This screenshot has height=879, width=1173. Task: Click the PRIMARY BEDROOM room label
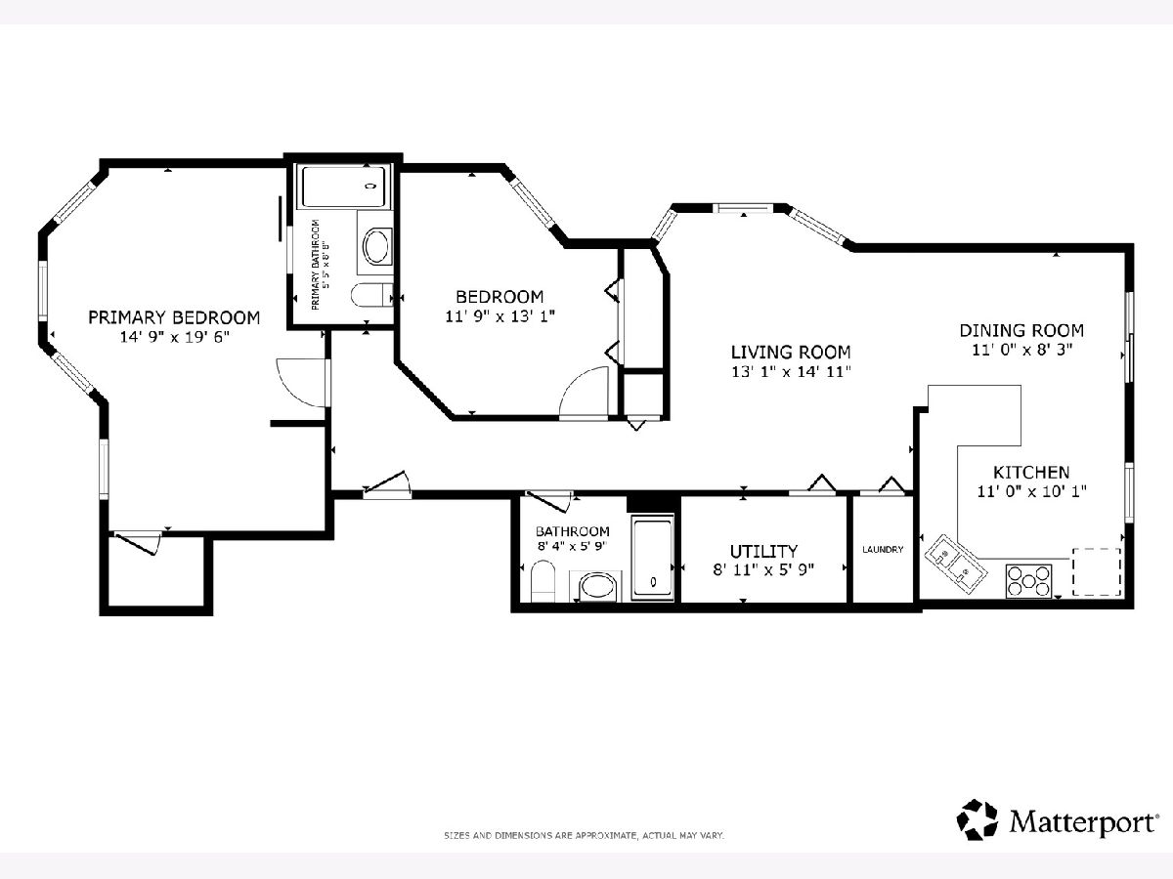tap(174, 317)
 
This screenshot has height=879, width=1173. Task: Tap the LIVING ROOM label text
tap(791, 353)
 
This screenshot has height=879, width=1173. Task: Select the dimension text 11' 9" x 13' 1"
tap(500, 316)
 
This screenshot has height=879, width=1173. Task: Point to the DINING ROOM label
tap(1021, 330)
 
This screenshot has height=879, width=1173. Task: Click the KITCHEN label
tap(1031, 473)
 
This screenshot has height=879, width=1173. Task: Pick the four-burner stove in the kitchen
tap(1028, 581)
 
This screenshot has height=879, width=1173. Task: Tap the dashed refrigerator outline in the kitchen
tap(1097, 571)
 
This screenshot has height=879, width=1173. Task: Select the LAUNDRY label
tap(883, 549)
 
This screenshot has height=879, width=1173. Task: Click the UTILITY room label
tap(763, 551)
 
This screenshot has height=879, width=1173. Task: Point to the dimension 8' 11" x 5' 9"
tap(763, 570)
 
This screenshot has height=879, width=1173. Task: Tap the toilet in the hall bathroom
tap(543, 580)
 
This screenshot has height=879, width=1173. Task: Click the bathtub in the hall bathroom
tap(653, 557)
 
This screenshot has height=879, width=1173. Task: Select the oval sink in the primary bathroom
tap(378, 246)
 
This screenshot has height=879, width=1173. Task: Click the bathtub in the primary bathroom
tap(344, 187)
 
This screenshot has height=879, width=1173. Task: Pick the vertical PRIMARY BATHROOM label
tap(319, 265)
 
